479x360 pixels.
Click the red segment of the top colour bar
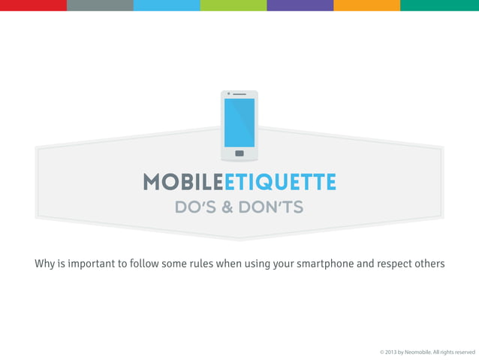[33, 5]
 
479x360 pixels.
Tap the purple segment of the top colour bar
[300, 5]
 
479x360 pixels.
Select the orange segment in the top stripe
[366, 5]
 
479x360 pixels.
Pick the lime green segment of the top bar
[233, 5]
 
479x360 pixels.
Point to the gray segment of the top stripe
[100, 5]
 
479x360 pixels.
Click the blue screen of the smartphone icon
[239, 123]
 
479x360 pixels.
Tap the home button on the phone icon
[239, 153]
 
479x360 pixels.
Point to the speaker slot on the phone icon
[240, 94]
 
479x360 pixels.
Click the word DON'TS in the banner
[270, 207]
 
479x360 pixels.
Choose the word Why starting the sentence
[44, 264]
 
